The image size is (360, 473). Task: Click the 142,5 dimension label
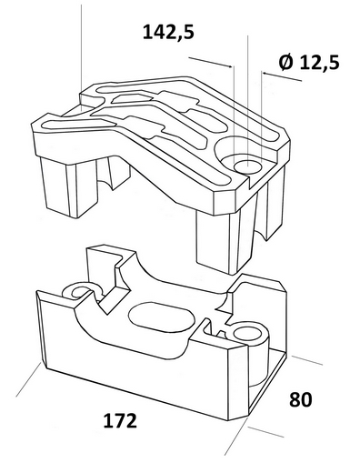pyautogui.click(x=168, y=32)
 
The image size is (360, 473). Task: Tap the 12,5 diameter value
pyautogui.click(x=320, y=63)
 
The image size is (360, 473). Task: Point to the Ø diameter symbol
pyautogui.click(x=286, y=62)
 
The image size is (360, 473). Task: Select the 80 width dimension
pyautogui.click(x=301, y=399)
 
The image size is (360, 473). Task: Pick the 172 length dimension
pyautogui.click(x=120, y=420)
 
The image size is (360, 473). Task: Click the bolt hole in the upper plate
pyautogui.click(x=247, y=166)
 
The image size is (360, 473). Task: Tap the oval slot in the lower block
pyautogui.click(x=159, y=317)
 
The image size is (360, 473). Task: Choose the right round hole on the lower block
pyautogui.click(x=247, y=334)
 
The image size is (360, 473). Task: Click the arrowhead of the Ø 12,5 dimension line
pyautogui.click(x=265, y=74)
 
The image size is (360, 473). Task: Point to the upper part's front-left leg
pyautogui.click(x=69, y=186)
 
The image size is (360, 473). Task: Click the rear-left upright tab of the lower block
pyautogui.click(x=109, y=267)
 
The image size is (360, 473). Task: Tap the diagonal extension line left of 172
pyautogui.click(x=28, y=379)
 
